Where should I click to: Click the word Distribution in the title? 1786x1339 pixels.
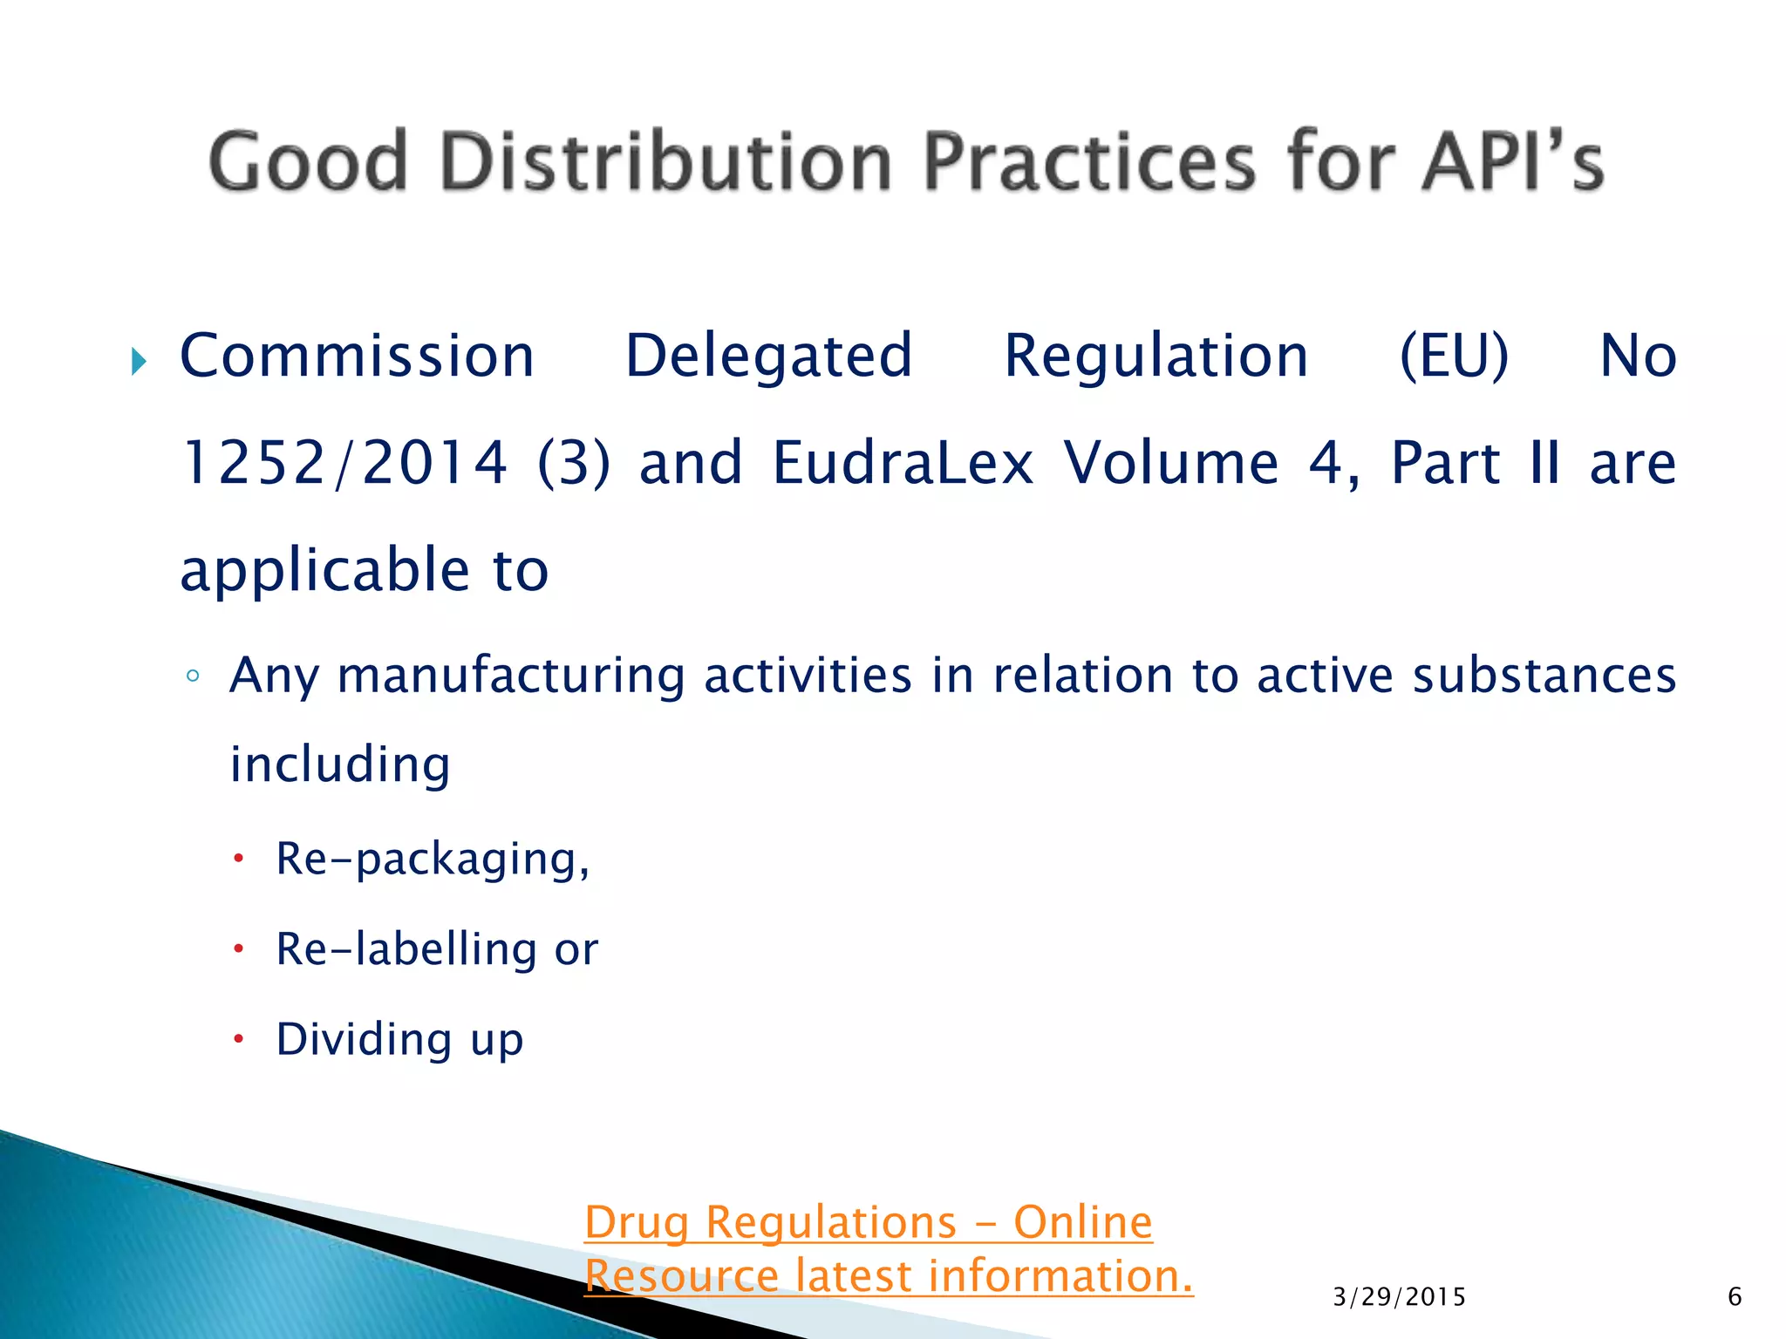(x=667, y=161)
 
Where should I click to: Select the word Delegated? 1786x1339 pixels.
(x=768, y=357)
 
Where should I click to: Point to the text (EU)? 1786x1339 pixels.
(x=1454, y=357)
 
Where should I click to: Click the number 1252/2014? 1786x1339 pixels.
(x=344, y=463)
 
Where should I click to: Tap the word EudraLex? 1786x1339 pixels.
(x=903, y=463)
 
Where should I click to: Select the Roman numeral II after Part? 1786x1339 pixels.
(x=1544, y=463)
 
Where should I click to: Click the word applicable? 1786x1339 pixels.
(x=324, y=571)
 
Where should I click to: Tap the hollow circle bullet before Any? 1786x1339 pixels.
(x=193, y=676)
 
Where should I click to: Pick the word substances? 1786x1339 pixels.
(x=1544, y=676)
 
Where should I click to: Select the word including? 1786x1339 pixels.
(x=340, y=765)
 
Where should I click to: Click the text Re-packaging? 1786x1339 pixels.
(x=433, y=860)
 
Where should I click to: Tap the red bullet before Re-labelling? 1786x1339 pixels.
(x=238, y=948)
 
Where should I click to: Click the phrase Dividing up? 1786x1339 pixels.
(x=399, y=1039)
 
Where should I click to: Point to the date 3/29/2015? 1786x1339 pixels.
(x=1399, y=1297)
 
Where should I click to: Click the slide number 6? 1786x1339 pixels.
(x=1735, y=1297)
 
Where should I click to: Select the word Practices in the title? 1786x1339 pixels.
(x=1089, y=161)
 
